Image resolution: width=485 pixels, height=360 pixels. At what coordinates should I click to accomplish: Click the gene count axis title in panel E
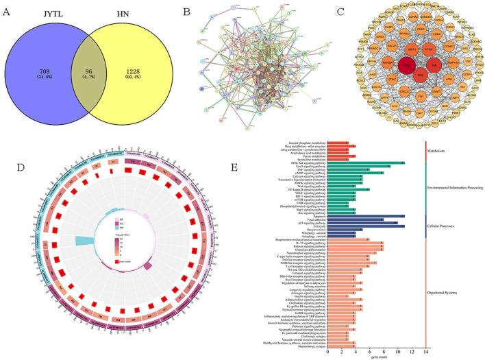click(377, 357)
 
